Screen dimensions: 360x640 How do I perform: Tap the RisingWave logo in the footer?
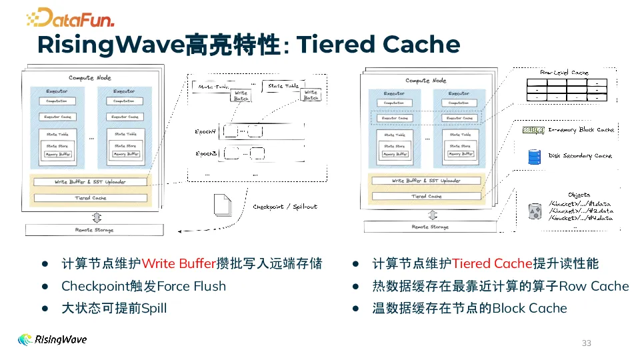52,339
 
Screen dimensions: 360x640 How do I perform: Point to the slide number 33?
587,343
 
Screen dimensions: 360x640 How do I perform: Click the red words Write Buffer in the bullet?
179,265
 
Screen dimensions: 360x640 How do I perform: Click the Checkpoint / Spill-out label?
285,207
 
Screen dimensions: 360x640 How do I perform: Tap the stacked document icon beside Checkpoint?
222,205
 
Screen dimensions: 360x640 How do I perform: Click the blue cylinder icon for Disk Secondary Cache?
533,156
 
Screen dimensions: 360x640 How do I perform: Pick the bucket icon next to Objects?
534,211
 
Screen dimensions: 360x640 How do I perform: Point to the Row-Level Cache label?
564,72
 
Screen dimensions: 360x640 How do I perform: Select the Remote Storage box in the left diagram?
94,230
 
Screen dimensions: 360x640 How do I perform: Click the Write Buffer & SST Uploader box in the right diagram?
426,181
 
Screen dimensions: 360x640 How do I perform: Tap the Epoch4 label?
207,131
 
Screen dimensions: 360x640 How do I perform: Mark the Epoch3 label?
207,153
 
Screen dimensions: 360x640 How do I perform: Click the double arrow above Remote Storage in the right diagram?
432,215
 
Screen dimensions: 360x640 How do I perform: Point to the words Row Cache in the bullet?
594,287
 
